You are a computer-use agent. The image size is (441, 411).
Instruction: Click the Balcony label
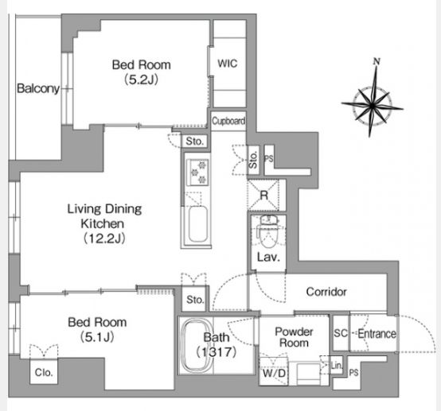[x=38, y=88]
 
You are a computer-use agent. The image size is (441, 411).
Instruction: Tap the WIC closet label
[x=227, y=64]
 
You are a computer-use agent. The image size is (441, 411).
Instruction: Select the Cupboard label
[x=228, y=121]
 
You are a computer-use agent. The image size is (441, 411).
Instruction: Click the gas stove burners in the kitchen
[x=197, y=172]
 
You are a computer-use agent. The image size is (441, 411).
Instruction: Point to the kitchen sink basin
[x=197, y=223]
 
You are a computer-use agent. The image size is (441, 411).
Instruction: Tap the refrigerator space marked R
[x=263, y=195]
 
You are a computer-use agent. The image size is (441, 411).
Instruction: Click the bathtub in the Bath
[x=196, y=345]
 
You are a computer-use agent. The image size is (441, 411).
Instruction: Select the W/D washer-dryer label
[x=274, y=374]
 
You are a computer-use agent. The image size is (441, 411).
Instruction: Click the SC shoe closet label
[x=341, y=333]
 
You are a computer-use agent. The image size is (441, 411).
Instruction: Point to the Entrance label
[x=377, y=333]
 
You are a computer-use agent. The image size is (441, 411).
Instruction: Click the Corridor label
[x=326, y=292]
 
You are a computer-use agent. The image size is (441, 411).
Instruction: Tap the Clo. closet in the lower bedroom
[x=44, y=371]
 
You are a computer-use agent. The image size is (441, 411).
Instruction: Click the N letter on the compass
[x=377, y=61]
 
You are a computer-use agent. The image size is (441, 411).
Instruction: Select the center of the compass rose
[x=373, y=106]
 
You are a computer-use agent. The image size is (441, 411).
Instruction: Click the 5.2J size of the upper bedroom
[x=141, y=79]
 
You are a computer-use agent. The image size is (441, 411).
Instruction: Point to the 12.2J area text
[x=103, y=238]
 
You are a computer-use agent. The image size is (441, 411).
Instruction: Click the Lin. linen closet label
[x=337, y=366]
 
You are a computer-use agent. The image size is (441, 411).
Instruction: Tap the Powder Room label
[x=294, y=337]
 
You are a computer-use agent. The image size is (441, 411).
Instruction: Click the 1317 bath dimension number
[x=216, y=351]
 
